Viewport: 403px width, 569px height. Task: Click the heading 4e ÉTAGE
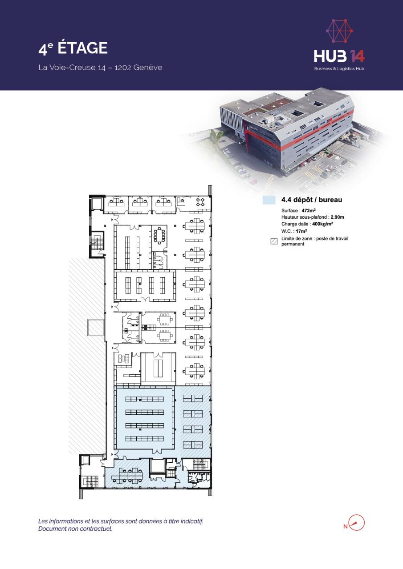click(73, 48)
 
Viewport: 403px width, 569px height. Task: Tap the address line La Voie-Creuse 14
click(72, 68)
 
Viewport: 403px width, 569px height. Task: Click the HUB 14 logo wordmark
click(339, 56)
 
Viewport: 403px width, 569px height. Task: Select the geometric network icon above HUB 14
click(339, 30)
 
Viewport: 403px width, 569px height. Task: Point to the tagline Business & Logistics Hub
click(339, 68)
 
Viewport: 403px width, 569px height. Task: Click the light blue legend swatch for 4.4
click(269, 200)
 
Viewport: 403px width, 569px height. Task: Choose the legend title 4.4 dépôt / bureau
click(312, 200)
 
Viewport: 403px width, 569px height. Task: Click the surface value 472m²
click(309, 210)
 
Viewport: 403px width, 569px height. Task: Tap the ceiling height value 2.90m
click(338, 217)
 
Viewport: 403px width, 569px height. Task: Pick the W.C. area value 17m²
click(301, 231)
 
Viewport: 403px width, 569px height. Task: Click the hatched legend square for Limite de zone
click(274, 241)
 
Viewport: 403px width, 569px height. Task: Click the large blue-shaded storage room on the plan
click(145, 418)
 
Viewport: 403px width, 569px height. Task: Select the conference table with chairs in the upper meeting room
click(159, 236)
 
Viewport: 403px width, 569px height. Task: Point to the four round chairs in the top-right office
click(200, 202)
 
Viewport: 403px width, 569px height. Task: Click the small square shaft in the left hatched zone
click(96, 327)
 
